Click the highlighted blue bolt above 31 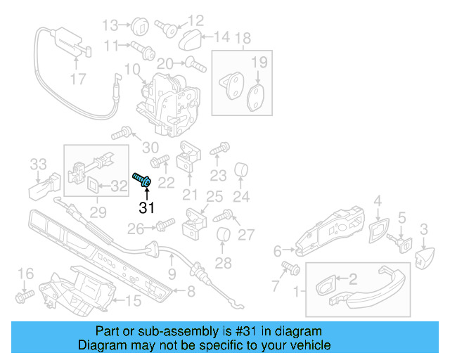coord(143,180)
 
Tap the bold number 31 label coord(146,207)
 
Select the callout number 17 coord(79,79)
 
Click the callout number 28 coord(223,264)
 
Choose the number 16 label coord(25,274)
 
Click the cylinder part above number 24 coord(243,170)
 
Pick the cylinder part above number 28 coord(224,237)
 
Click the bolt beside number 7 coord(290,267)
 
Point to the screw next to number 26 coord(162,225)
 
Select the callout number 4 coord(378,202)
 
